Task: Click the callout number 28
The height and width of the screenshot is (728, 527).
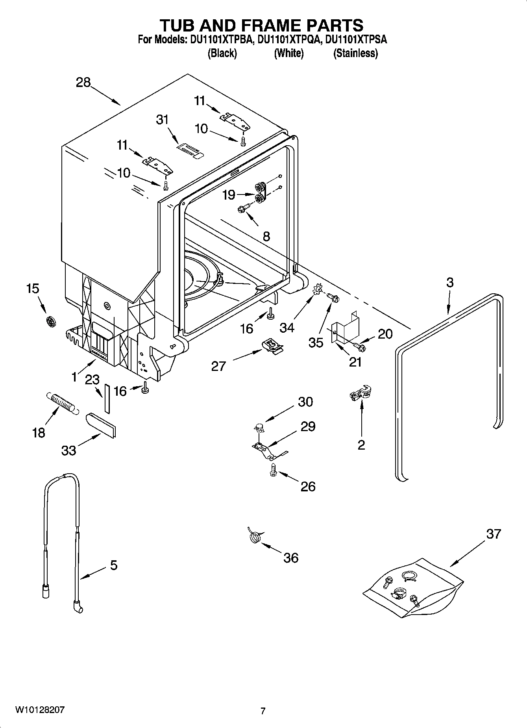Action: pos(83,83)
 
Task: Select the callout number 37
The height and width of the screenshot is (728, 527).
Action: pos(493,534)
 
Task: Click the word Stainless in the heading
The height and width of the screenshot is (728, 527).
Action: pos(355,54)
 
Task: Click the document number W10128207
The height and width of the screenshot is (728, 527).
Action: pos(40,710)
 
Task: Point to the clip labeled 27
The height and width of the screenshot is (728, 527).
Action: pos(272,346)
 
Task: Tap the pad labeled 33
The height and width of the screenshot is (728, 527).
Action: pos(101,425)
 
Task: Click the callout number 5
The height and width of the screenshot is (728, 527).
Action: pos(113,565)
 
